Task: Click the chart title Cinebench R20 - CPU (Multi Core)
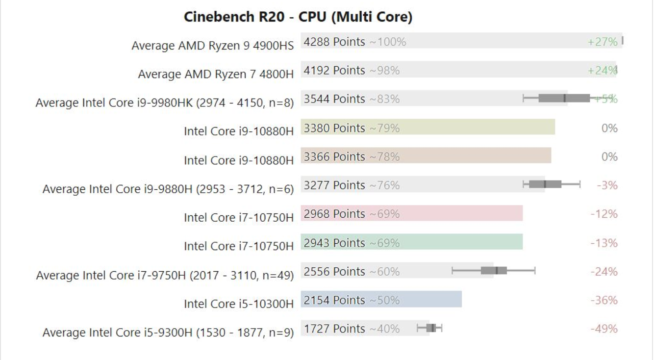298,17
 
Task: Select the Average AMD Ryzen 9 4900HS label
212,46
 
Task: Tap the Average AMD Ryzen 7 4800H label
216,74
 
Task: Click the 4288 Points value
334,42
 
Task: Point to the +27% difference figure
603,42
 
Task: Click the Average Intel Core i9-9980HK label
165,103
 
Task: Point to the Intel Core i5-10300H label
239,304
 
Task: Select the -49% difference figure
604,329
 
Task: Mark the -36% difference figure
604,300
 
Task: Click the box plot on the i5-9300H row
430,328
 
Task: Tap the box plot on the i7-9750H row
494,270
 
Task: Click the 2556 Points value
334,271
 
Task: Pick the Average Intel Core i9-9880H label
168,189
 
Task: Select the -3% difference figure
607,185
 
